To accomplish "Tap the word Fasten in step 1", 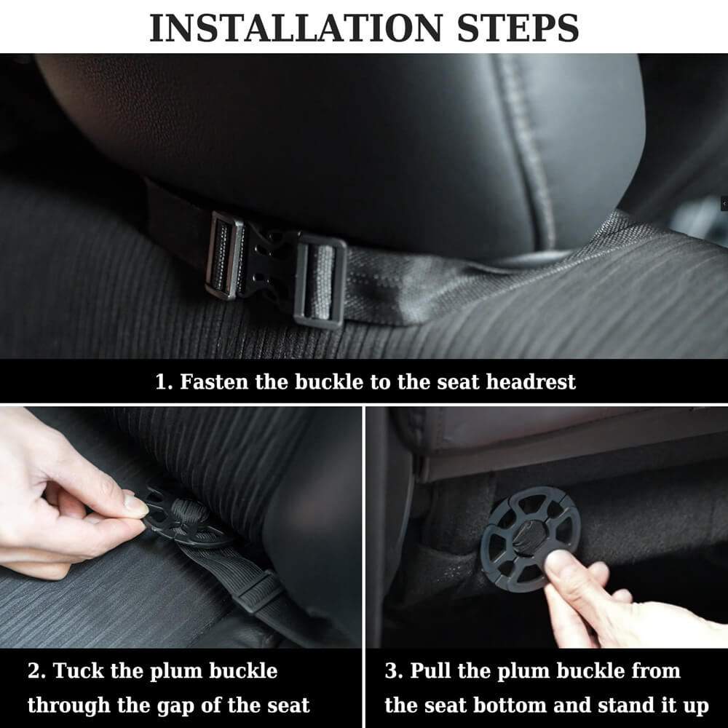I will pyautogui.click(x=214, y=381).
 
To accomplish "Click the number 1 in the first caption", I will pyautogui.click(x=161, y=381).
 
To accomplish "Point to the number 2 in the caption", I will pyautogui.click(x=33, y=670).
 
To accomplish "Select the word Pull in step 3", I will pyautogui.click(x=434, y=670).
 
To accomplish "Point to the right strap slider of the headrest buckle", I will pyautogui.click(x=320, y=281).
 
